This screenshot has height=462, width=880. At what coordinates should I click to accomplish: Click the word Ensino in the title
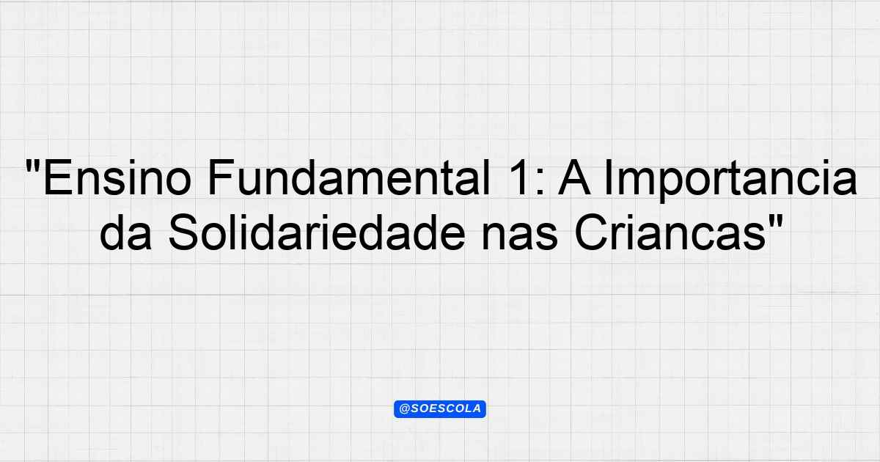[117, 177]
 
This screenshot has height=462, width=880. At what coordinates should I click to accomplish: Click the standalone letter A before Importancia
[574, 177]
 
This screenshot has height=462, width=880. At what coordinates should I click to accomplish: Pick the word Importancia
[730, 181]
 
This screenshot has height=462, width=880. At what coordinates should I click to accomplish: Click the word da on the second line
[125, 232]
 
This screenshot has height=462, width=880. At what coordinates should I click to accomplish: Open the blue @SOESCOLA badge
[440, 409]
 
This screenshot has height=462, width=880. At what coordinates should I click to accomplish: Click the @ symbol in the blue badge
[404, 409]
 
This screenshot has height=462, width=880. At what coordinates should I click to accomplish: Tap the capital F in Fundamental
[221, 177]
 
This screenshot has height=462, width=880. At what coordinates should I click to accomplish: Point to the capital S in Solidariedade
[184, 232]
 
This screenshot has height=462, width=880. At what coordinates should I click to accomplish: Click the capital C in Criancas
[590, 232]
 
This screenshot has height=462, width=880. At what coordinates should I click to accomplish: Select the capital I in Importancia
[608, 177]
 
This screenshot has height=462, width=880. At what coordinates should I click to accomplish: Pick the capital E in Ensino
[58, 177]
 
